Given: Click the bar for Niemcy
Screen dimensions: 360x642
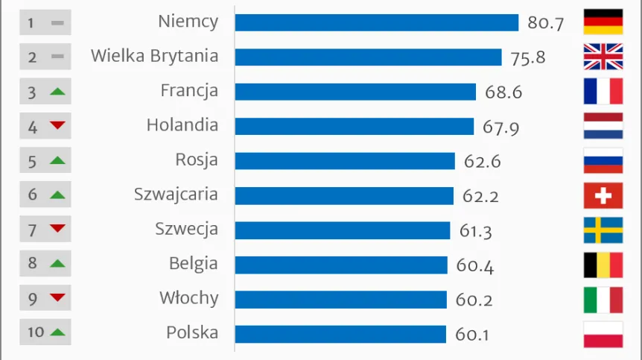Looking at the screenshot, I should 376,22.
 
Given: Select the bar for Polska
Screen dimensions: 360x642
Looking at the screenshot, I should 340,333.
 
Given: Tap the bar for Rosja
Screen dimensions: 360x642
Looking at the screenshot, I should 345,161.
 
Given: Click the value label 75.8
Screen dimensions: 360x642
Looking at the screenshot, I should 528,58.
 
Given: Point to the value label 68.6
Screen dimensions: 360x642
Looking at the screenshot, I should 503,92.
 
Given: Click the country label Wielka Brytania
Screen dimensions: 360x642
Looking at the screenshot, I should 154,56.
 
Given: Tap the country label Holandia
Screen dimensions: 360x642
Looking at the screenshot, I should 182,125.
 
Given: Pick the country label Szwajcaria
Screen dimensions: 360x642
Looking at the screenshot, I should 176,195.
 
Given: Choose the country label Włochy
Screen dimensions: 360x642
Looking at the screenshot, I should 188,298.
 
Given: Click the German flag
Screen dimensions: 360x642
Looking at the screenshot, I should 603,22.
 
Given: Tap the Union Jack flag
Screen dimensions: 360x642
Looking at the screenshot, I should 603,57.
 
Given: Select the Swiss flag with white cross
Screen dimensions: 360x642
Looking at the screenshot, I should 603,195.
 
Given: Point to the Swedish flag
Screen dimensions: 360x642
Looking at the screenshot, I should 603,230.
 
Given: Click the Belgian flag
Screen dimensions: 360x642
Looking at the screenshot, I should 603,265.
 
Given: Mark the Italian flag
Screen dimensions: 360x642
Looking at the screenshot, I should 603,299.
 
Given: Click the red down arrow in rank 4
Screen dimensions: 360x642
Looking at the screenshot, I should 57,126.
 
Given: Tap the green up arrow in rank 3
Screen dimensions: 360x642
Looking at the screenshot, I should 57,92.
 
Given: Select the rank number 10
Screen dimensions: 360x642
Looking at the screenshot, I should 36,332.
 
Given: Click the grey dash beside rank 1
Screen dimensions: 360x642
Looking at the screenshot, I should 57,23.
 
